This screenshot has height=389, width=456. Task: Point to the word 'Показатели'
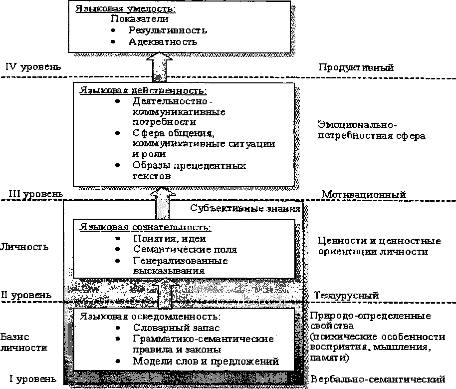[x=139, y=19]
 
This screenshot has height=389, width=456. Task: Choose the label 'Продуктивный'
[x=356, y=66]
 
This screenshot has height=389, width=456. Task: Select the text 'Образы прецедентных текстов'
[x=189, y=171]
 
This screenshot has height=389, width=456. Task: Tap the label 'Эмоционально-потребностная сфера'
[x=371, y=129]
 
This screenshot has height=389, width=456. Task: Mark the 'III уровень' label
[x=33, y=194]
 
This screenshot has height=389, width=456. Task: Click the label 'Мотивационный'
[x=364, y=194]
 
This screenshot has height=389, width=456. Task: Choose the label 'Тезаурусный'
[x=346, y=295]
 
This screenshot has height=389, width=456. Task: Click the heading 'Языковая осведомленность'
[x=149, y=317]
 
